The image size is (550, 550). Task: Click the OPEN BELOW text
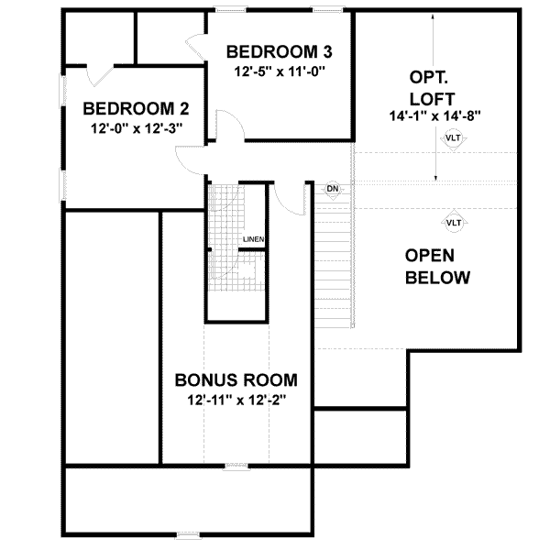[437, 266]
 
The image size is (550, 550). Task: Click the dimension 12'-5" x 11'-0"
[277, 70]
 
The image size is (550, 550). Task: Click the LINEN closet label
[253, 240]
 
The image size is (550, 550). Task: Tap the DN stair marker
[333, 189]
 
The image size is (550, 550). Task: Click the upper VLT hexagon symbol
[453, 138]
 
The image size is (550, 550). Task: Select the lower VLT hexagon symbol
[453, 222]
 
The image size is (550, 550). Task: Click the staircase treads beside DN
[335, 266]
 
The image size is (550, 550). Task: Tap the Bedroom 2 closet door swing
[99, 72]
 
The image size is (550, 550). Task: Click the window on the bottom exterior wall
[187, 534]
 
